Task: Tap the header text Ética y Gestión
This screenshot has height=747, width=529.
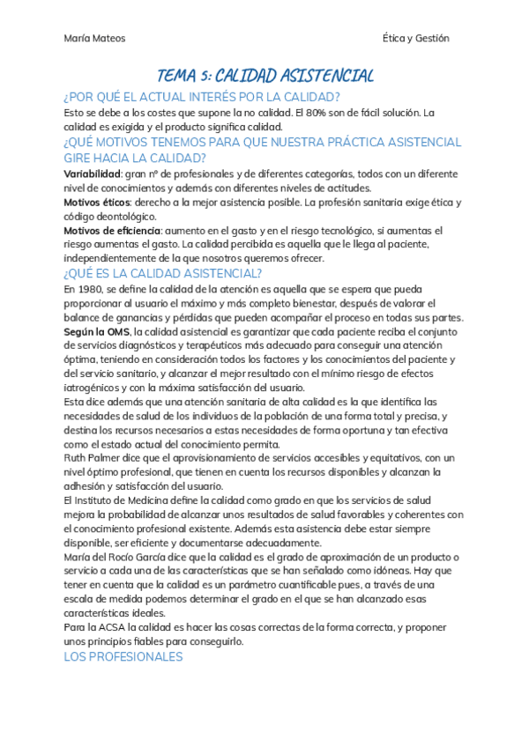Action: click(416, 38)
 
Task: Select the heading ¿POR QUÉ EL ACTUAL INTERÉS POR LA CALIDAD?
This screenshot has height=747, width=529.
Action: click(202, 97)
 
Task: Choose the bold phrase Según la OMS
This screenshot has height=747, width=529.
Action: click(96, 331)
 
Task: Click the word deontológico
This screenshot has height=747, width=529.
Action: click(115, 217)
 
